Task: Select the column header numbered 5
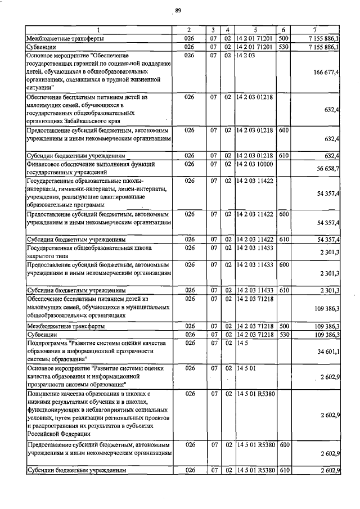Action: point(256,29)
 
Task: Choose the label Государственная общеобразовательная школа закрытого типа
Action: point(90,251)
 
